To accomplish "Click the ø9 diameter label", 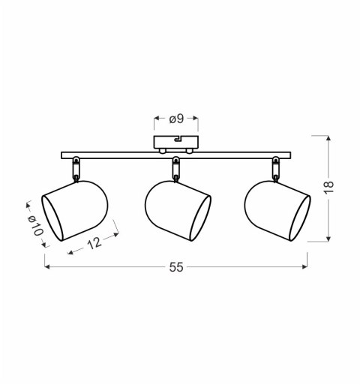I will pyautogui.click(x=176, y=119).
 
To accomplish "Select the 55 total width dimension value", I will pyautogui.click(x=176, y=267).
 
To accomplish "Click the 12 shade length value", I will pyautogui.click(x=94, y=244).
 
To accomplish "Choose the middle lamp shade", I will pyautogui.click(x=176, y=209).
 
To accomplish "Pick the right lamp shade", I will pyautogui.click(x=276, y=209).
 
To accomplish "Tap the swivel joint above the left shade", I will pyautogui.click(x=76, y=168).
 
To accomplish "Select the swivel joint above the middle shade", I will pyautogui.click(x=176, y=168).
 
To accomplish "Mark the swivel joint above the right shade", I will pyautogui.click(x=276, y=168).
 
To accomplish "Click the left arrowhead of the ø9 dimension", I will pyautogui.click(x=157, y=119).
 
